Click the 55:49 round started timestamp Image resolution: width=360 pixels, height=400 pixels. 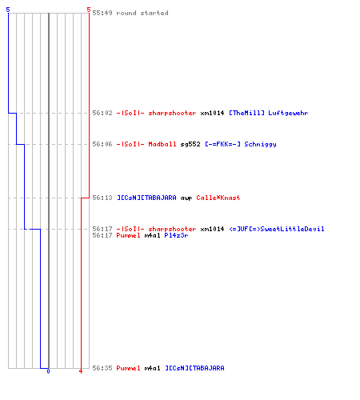tap(102, 13)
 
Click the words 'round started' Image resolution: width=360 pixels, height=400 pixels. tap(142, 13)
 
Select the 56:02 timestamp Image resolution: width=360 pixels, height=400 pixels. tap(102, 113)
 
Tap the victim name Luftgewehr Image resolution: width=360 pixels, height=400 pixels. tap(288, 113)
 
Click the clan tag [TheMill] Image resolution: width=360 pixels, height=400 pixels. tap(246, 113)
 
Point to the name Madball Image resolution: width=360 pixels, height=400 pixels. tap(162, 144)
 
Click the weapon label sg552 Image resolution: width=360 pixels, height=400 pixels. tap(190, 145)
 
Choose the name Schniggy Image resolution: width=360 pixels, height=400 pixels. tap(260, 145)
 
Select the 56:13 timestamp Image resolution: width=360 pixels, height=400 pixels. tap(102, 198)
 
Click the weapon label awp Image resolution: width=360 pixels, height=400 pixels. tap(186, 198)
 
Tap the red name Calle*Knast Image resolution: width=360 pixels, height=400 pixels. tap(218, 198)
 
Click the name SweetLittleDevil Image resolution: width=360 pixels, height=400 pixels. tap(292, 229)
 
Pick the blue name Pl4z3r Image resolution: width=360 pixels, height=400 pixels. tap(176, 235)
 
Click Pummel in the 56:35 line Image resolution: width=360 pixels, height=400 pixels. tap(128, 368)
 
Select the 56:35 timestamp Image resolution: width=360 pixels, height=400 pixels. tap(102, 368)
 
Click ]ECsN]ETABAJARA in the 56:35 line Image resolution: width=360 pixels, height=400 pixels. tap(194, 368)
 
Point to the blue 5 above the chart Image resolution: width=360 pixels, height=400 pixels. tap(8, 10)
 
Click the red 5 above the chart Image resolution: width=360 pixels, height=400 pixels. tap(89, 10)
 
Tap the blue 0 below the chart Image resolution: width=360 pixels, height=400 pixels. tap(48, 371)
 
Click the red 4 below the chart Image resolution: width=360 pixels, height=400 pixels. tap(81, 371)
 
